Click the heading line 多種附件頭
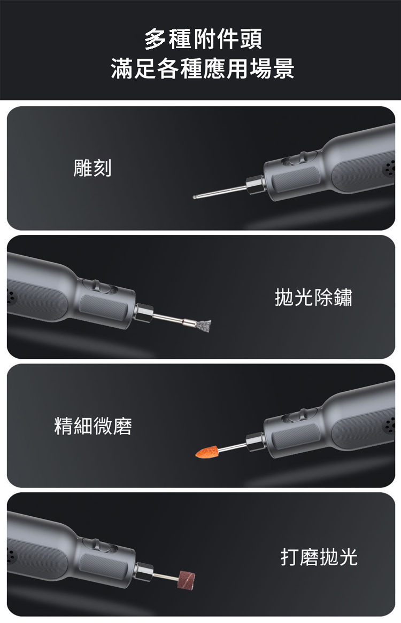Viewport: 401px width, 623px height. click(x=203, y=40)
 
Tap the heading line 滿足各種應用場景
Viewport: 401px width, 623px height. click(x=203, y=68)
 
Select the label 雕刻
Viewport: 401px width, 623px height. click(x=92, y=168)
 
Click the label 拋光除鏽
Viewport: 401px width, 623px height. click(x=313, y=297)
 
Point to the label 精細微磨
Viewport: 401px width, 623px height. click(x=93, y=426)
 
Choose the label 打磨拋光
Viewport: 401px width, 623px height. click(x=319, y=556)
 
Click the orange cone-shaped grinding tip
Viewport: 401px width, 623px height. click(x=206, y=451)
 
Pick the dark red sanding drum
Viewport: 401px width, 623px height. click(x=187, y=579)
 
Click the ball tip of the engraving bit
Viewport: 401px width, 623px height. click(x=195, y=196)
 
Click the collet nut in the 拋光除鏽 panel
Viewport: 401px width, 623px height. click(x=143, y=313)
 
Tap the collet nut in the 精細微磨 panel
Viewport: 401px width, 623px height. click(x=255, y=442)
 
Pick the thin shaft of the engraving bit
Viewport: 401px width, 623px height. click(x=221, y=191)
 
